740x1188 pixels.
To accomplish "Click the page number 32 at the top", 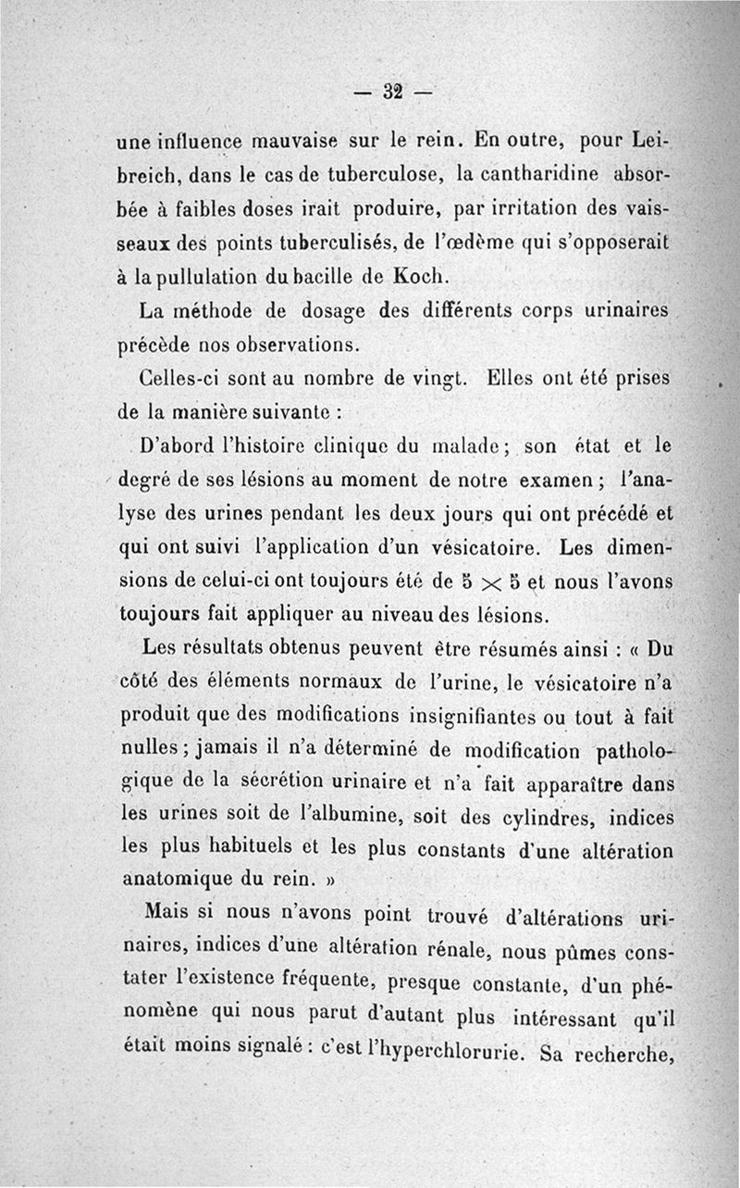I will pyautogui.click(x=389, y=91).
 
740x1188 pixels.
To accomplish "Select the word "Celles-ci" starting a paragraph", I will pyautogui.click(x=171, y=379).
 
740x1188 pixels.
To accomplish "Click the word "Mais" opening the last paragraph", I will pyautogui.click(x=167, y=914).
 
